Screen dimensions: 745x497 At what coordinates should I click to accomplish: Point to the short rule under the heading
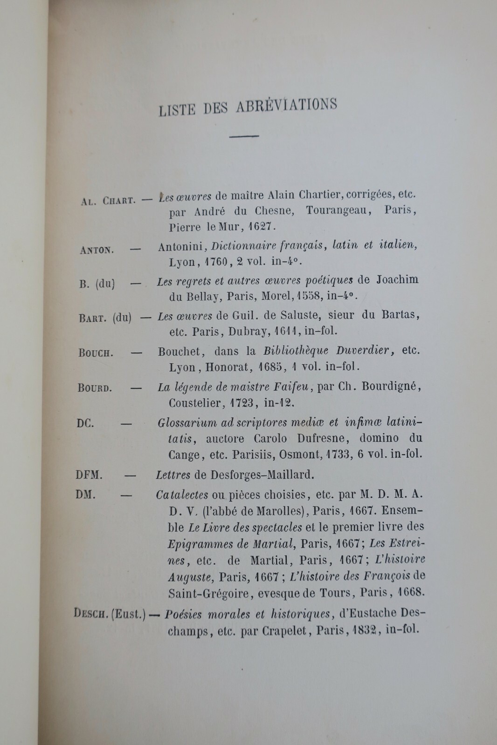[x=244, y=136]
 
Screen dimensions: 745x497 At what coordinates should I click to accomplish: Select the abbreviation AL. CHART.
[x=108, y=201]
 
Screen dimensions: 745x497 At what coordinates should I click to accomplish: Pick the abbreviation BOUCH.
[x=96, y=352]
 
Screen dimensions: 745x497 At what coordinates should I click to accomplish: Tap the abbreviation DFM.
[x=89, y=475]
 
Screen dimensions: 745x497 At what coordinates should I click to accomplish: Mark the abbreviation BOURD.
[x=95, y=387]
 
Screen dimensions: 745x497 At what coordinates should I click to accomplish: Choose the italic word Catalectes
[x=182, y=494]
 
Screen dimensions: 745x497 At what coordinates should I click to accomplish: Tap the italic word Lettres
[x=173, y=475]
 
